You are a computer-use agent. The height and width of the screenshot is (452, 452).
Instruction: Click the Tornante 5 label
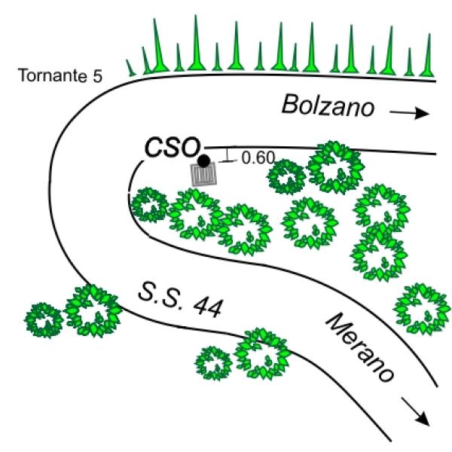coord(60,75)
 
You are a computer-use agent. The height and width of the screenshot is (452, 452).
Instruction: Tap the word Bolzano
coord(328,105)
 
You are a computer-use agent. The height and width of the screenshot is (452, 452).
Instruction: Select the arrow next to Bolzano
coord(409,113)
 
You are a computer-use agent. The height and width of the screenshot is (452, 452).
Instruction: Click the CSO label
coord(173,148)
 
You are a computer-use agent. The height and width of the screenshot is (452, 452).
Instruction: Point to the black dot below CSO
coord(204,161)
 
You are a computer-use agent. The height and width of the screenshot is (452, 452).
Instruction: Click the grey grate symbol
coord(204,174)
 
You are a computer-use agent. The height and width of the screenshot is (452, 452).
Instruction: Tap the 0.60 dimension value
coord(258,157)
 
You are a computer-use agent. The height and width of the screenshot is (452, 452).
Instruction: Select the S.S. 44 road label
coord(181,301)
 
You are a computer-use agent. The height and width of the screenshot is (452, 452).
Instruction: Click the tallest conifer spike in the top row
coord(197,43)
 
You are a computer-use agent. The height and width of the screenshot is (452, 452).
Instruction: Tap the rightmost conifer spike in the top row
coord(427,55)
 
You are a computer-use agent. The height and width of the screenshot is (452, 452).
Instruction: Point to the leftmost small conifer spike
coord(130,68)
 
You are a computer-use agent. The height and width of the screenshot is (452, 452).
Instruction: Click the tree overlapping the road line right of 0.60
coord(335,167)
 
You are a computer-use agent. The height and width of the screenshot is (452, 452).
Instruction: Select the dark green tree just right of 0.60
coord(286,177)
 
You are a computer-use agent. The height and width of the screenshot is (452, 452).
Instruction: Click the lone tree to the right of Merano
coord(422,309)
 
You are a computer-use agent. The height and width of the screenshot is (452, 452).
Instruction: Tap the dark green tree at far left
coord(44,320)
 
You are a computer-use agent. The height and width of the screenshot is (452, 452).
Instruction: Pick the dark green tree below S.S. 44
coord(214,363)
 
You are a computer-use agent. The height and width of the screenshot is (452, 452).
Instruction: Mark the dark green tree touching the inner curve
coord(149,205)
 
